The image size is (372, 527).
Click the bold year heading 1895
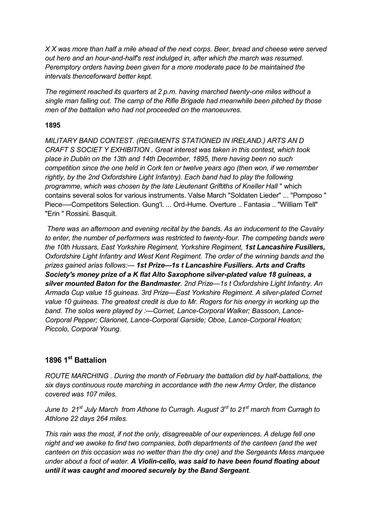click(53, 125)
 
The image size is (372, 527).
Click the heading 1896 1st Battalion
click(76, 360)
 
